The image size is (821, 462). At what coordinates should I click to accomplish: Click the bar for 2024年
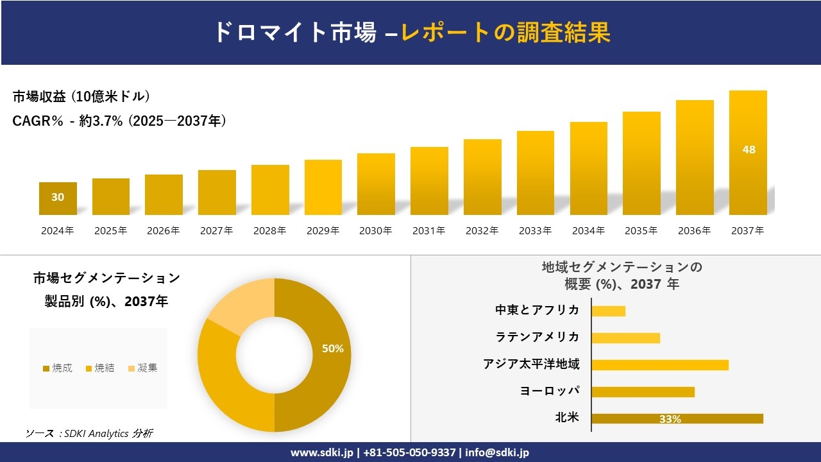58,198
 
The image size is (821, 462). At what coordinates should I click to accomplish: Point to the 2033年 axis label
535,231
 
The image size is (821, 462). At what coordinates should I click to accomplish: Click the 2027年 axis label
217,231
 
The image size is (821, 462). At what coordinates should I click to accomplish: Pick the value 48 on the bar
749,150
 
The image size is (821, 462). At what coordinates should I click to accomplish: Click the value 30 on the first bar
58,197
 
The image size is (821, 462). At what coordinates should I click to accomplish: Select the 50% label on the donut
332,348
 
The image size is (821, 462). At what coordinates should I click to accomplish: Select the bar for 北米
677,418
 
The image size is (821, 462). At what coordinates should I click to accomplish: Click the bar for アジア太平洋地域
660,364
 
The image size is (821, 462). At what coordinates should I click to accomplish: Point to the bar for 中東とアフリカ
608,311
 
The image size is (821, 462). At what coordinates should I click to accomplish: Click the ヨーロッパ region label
550,391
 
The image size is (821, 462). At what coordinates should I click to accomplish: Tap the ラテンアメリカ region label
537,337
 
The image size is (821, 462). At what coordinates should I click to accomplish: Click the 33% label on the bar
670,419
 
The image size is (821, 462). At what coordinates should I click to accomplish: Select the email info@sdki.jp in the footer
497,452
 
